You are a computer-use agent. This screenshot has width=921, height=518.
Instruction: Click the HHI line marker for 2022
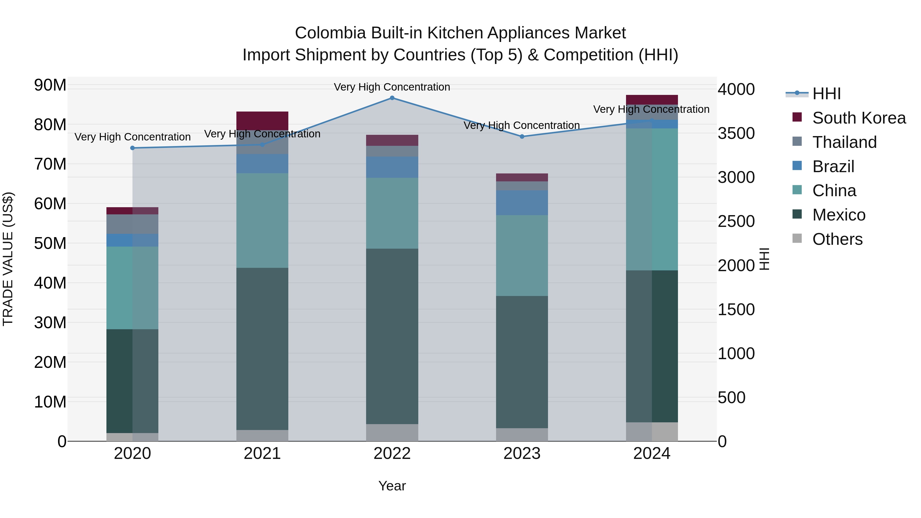(x=392, y=98)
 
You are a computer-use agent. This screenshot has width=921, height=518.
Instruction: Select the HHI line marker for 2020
(x=132, y=148)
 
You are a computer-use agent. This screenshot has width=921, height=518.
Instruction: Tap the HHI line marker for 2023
(x=522, y=137)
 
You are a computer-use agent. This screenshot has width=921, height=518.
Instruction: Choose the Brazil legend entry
(x=833, y=167)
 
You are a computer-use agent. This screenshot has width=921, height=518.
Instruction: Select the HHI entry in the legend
(x=826, y=94)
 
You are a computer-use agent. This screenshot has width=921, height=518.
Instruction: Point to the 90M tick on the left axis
(x=50, y=85)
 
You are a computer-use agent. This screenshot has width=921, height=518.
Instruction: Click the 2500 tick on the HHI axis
(x=736, y=221)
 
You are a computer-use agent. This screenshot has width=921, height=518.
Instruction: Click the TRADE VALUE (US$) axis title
(x=8, y=259)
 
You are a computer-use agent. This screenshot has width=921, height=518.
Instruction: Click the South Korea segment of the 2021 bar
(x=262, y=120)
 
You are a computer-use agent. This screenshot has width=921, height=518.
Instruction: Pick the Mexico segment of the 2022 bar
(x=392, y=336)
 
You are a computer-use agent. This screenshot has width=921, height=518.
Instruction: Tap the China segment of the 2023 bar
(x=522, y=255)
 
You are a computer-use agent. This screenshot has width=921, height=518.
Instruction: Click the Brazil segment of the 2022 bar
(x=392, y=167)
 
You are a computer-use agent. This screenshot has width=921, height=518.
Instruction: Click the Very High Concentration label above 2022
(x=392, y=87)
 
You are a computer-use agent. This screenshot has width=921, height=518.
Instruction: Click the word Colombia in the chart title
(x=330, y=33)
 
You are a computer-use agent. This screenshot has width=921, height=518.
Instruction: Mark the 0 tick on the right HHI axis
(x=722, y=442)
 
